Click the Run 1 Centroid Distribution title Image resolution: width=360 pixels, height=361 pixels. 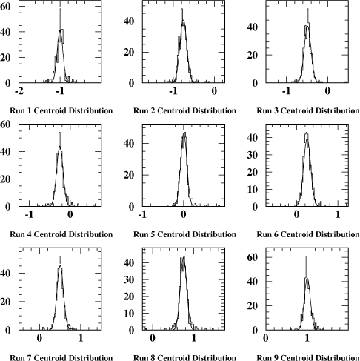(61, 110)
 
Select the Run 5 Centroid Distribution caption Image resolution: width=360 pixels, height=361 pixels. (184, 234)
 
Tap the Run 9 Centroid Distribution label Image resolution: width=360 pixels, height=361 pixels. (308, 357)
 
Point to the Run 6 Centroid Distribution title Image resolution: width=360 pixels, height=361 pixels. (308, 234)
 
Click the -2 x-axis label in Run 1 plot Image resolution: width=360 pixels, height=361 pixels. (19, 91)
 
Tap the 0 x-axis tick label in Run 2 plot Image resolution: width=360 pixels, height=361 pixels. (214, 91)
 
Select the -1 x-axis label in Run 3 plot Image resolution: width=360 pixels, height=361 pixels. (286, 91)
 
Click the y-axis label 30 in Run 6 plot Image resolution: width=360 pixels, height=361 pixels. (252, 155)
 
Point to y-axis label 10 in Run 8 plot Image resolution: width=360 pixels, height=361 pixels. (129, 314)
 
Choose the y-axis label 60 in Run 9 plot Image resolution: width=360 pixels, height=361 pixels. (252, 257)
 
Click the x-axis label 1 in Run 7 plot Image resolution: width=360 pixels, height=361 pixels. (81, 338)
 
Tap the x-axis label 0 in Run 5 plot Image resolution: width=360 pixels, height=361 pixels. (183, 214)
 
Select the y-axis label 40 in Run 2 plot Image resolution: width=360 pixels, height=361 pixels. (129, 21)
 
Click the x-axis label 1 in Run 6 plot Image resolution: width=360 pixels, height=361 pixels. (338, 214)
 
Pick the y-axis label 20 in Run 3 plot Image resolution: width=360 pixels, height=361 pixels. (252, 55)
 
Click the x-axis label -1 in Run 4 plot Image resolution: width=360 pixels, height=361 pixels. (29, 214)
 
